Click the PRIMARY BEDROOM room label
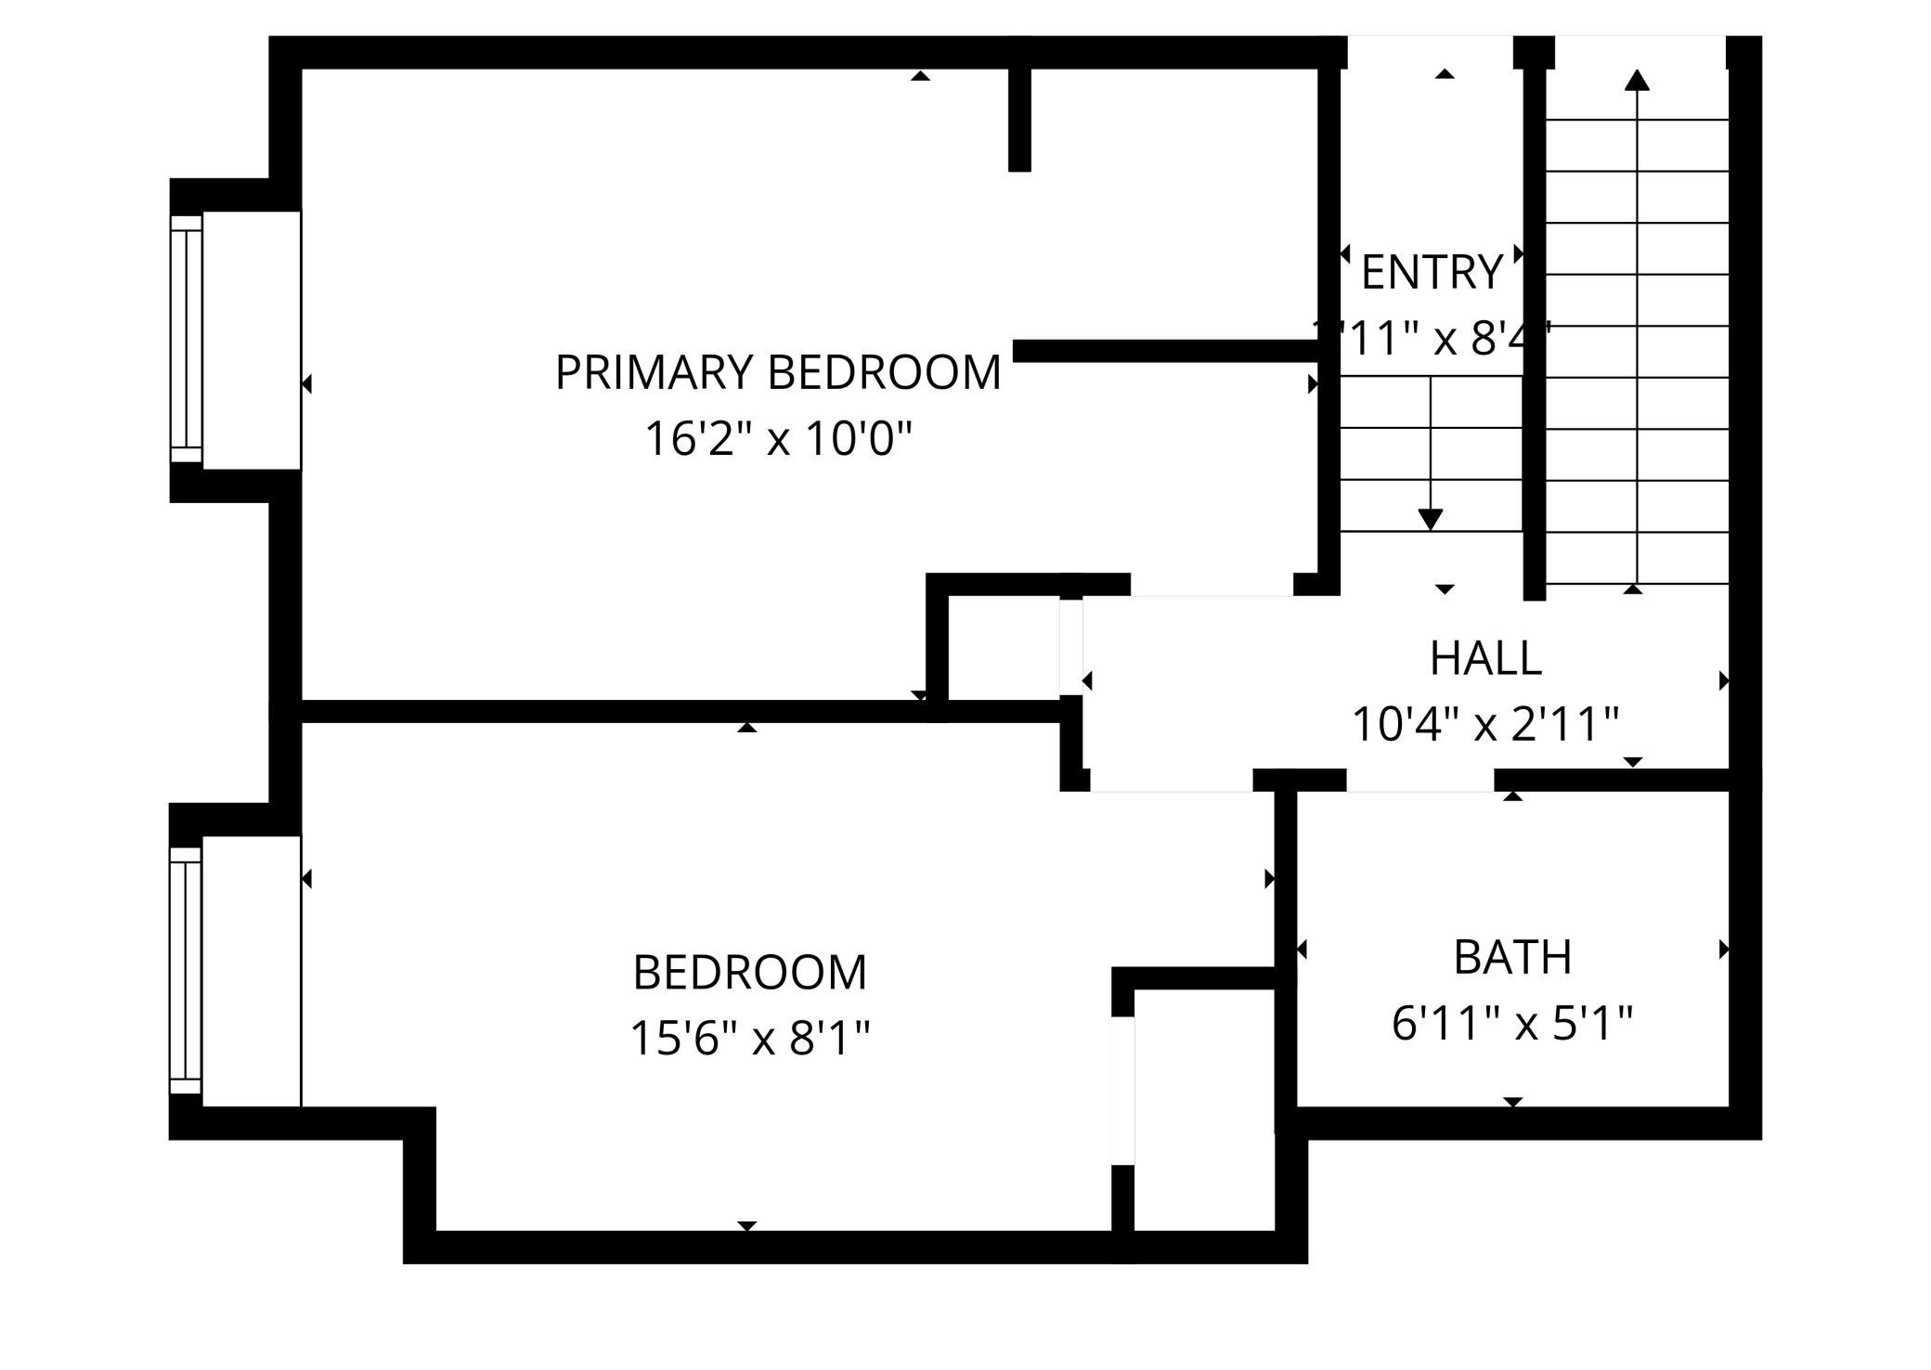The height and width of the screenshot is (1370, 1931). (778, 373)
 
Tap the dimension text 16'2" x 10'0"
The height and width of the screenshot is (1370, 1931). (778, 439)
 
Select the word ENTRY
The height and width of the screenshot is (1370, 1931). (1432, 273)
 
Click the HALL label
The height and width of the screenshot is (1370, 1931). (1485, 659)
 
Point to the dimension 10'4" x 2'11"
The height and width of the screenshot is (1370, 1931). (1485, 725)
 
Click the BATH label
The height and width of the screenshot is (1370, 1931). (1512, 958)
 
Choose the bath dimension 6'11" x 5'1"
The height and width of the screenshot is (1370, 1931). (1512, 1024)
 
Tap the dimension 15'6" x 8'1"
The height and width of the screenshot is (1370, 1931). (750, 1039)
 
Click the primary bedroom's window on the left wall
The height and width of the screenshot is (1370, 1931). (187, 340)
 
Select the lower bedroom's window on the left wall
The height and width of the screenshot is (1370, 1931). (186, 971)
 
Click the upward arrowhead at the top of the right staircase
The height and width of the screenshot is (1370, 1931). (1637, 81)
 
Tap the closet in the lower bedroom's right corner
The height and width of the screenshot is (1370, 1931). (1204, 1109)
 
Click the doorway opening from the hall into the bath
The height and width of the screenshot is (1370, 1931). (1419, 781)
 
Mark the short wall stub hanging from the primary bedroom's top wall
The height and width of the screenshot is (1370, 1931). (1019, 119)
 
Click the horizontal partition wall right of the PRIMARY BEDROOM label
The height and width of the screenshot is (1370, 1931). (1165, 351)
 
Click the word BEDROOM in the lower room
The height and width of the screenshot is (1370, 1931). (750, 973)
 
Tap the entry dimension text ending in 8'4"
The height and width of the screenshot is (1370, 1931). (1432, 339)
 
